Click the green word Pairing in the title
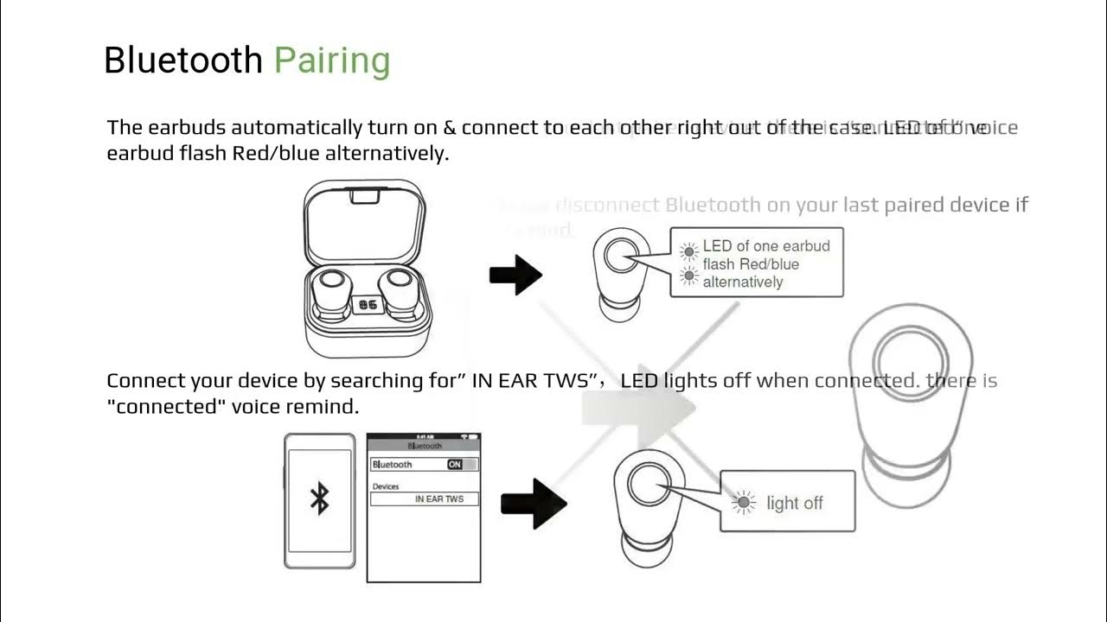(332, 60)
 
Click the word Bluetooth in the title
(182, 60)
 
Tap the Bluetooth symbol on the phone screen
(319, 499)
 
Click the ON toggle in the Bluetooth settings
(455, 465)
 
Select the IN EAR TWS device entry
(438, 499)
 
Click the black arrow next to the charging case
(515, 276)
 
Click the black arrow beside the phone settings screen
(533, 504)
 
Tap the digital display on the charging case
(367, 305)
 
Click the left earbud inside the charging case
(329, 290)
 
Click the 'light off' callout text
(794, 503)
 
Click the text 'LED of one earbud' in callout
(766, 246)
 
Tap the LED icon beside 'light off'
(742, 502)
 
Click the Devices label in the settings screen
(386, 486)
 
